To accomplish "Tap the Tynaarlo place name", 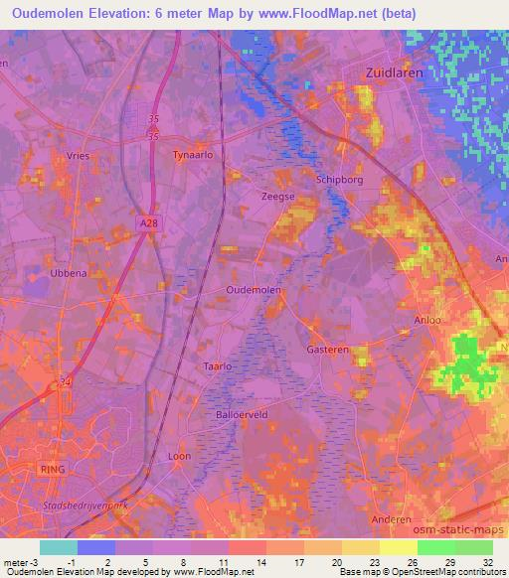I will point(194,156).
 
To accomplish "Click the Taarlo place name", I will point(217,366).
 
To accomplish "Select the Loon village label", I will point(179,456).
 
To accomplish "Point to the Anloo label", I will point(426,321).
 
